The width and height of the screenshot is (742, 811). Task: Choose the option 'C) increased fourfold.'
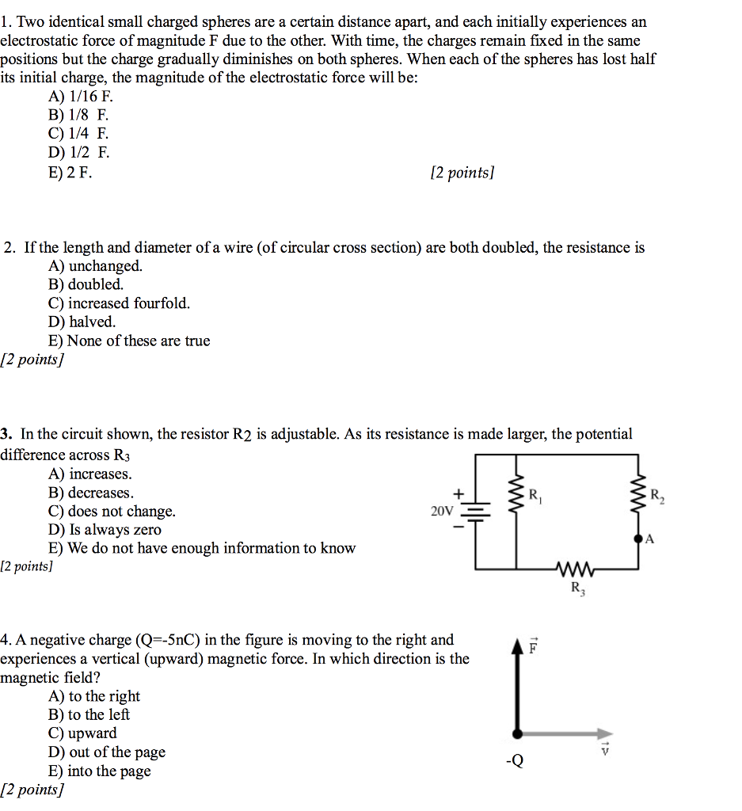[119, 303]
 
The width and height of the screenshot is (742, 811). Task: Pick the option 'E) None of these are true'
[129, 341]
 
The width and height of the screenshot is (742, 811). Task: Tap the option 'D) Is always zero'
[105, 530]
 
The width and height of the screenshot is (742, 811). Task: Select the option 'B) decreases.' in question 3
[90, 493]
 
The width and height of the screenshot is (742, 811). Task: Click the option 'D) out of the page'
[107, 752]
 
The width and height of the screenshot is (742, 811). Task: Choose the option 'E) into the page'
[99, 771]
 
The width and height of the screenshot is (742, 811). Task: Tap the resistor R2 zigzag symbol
[639, 495]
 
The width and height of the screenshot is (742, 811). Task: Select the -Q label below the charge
[515, 762]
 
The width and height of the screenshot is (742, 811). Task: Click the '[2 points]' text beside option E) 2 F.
[462, 173]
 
